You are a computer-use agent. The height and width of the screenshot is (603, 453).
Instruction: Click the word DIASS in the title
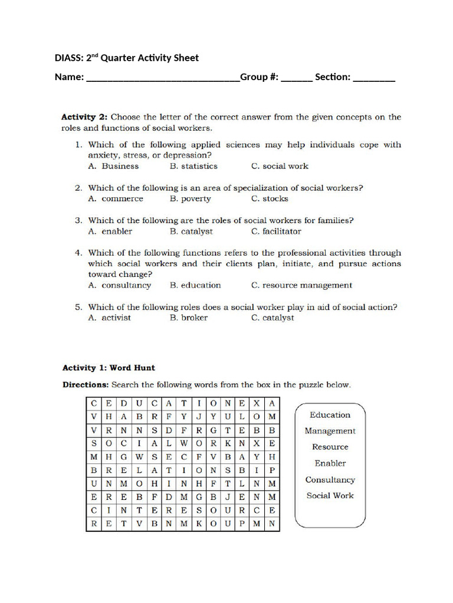68,58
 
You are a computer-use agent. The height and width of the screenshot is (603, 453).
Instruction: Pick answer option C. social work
280,166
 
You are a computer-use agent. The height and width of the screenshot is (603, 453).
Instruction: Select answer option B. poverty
190,199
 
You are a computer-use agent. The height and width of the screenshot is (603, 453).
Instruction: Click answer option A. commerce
115,199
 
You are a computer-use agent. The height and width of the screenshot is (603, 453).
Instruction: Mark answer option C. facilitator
276,231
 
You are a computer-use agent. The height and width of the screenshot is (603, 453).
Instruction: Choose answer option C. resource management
301,286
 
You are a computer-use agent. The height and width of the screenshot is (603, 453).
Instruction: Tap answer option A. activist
109,318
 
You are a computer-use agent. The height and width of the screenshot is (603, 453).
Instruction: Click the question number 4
78,253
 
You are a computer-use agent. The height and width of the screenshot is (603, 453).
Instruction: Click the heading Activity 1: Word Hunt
109,368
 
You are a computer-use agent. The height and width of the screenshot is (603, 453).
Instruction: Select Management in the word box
330,431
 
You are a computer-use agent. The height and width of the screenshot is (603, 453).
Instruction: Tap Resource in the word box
330,447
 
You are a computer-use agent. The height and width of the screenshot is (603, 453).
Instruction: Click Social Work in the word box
330,496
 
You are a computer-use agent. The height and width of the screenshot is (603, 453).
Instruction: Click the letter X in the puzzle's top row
257,404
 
